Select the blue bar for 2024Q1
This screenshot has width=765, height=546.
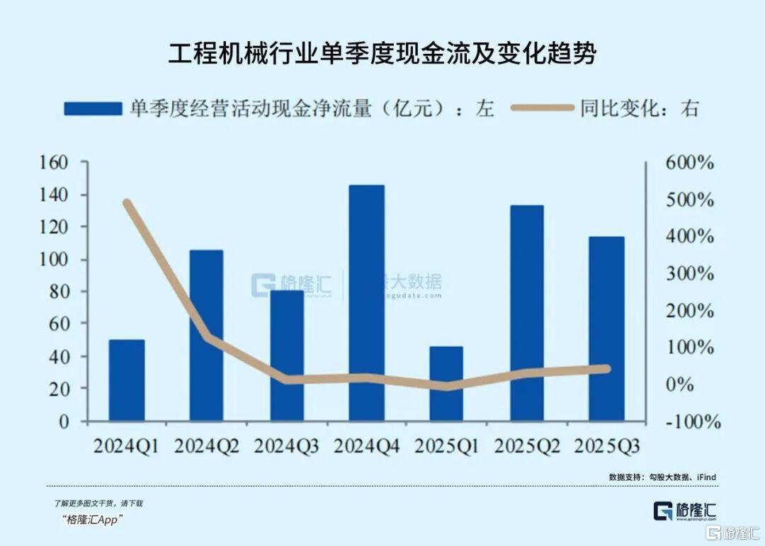(x=127, y=380)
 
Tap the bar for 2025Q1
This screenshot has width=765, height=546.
(x=447, y=384)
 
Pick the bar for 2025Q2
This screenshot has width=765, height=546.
(x=527, y=313)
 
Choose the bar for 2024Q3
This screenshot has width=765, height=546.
(x=287, y=356)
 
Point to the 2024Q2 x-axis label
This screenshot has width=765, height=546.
(x=207, y=446)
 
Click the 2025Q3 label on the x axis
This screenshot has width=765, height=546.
(x=607, y=446)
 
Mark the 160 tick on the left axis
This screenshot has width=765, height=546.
(x=74, y=162)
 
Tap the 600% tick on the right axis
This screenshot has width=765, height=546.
(x=689, y=162)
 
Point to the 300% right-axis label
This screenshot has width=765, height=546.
(x=689, y=273)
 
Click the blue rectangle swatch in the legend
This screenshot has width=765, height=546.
(x=92, y=108)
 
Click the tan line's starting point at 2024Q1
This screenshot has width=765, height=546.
(x=127, y=203)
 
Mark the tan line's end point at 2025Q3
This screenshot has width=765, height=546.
(x=607, y=368)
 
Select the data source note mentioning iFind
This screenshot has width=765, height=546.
(x=662, y=477)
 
